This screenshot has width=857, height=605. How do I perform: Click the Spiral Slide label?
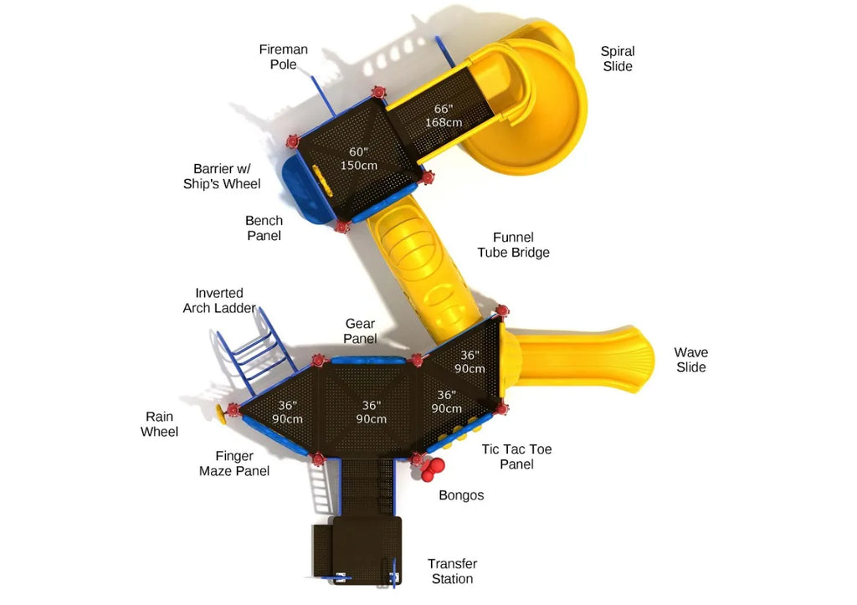click(x=617, y=59)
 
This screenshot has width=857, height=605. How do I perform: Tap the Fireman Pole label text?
click(x=283, y=57)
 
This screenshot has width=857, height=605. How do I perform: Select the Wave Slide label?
click(x=690, y=360)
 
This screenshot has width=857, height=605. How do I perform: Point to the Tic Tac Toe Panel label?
click(x=516, y=457)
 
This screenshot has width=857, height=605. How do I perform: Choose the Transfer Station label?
click(x=452, y=572)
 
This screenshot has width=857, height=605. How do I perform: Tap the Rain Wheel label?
click(x=159, y=424)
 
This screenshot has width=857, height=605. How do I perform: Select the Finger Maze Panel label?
click(x=234, y=464)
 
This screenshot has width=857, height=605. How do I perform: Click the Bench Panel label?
click(x=264, y=228)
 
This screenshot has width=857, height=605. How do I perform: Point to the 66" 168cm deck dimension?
click(x=443, y=115)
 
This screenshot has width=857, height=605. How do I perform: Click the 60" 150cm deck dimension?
click(x=358, y=158)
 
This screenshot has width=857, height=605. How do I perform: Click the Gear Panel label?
click(x=360, y=331)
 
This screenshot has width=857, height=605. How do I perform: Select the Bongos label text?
click(x=461, y=495)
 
